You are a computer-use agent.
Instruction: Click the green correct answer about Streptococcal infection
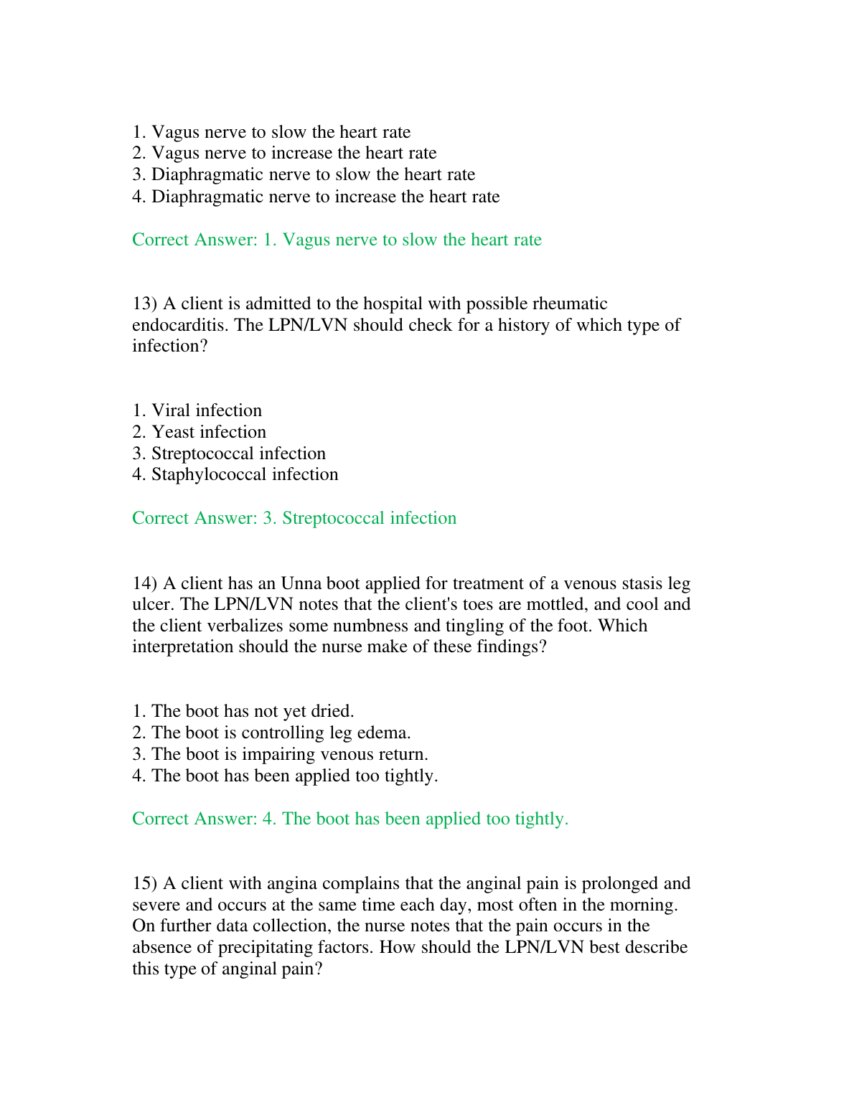294,518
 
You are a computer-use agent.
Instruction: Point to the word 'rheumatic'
570,304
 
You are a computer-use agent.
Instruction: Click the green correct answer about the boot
350,819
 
